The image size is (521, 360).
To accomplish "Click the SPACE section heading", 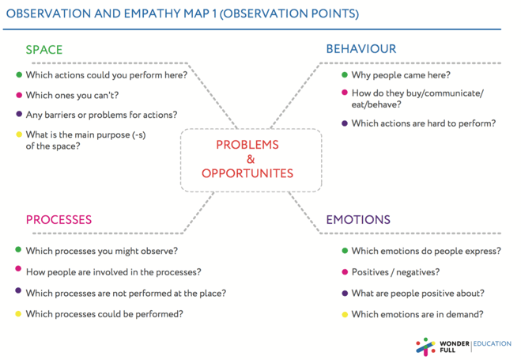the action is coord(44,50).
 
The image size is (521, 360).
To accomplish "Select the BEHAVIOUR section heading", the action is coord(361,49).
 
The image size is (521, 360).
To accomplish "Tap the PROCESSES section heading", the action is coord(59,220).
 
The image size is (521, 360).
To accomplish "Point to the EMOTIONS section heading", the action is coord(358,220).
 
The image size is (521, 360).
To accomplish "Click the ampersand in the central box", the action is coord(251,160).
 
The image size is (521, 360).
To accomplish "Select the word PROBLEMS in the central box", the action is coord(247,145).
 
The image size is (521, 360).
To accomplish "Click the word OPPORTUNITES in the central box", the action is coord(247,173).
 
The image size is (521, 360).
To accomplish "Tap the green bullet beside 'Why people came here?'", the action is coord(345,75).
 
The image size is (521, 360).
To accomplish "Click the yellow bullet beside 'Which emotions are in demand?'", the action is coord(345,314).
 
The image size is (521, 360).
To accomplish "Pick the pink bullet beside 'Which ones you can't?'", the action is coord(19,95).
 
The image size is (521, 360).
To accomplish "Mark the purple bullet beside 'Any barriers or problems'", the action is coord(19,114).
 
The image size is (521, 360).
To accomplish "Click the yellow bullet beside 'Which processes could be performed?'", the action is coord(18,314).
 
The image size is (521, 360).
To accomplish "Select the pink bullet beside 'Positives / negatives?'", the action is coord(345,272).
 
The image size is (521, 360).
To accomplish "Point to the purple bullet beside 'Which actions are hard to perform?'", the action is coord(345,123).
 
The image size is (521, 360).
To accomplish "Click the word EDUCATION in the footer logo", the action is coord(492,343).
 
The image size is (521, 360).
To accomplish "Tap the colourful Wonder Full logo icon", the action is coord(425,347).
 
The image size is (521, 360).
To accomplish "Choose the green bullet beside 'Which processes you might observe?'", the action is coord(18,249).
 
